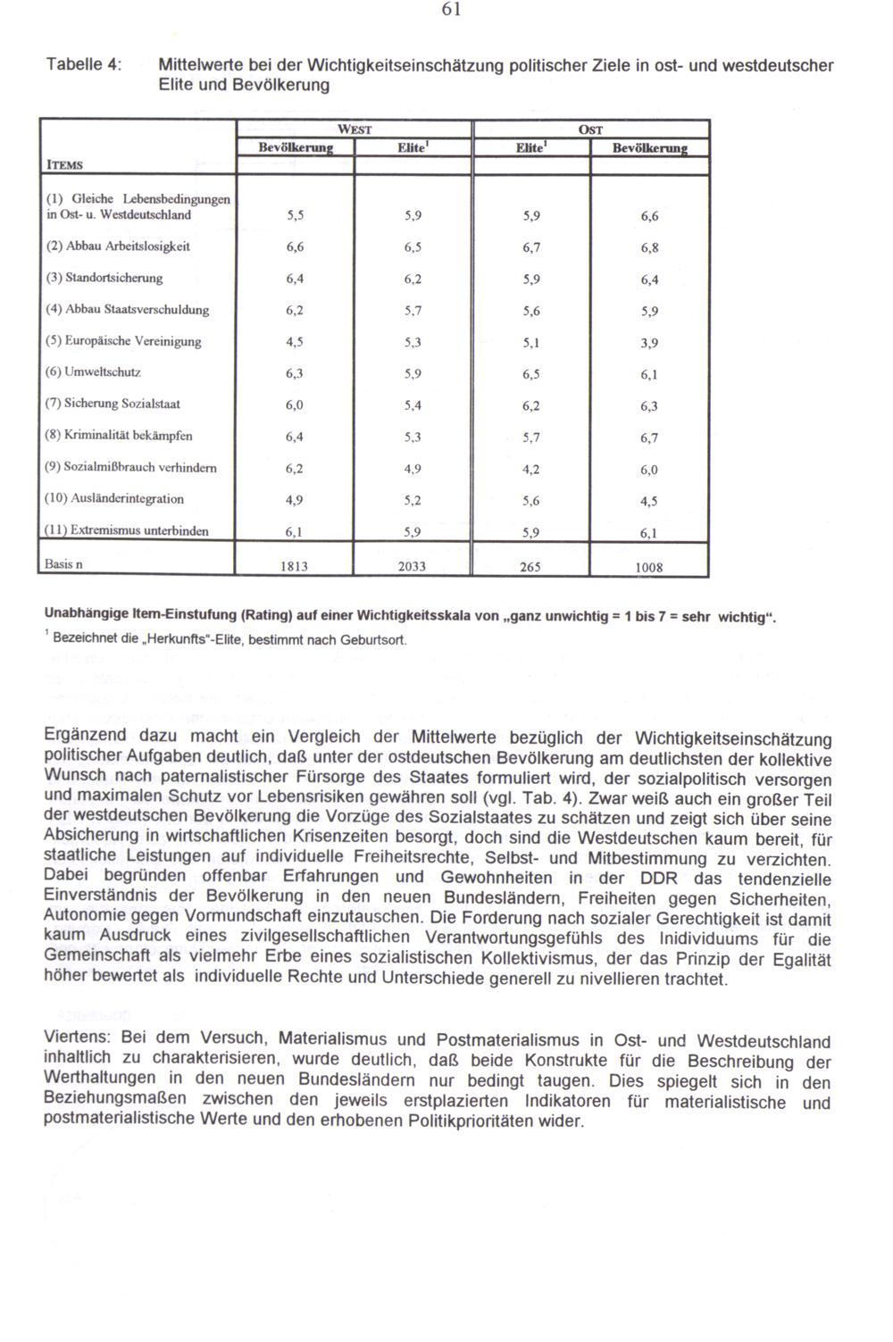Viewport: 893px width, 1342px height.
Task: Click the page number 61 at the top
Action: point(451,10)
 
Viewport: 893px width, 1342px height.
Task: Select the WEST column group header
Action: point(354,129)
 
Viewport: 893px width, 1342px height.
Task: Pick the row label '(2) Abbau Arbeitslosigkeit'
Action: point(118,246)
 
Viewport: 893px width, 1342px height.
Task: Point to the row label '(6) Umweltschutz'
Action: point(93,372)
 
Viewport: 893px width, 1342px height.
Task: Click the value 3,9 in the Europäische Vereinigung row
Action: point(649,343)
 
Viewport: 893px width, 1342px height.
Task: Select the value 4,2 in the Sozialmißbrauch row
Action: point(530,469)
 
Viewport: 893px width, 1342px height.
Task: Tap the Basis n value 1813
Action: point(295,566)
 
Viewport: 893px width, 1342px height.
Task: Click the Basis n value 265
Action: point(530,566)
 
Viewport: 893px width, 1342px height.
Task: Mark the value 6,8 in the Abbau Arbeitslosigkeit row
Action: point(649,248)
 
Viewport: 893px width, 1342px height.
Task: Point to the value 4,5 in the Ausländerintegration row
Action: point(649,501)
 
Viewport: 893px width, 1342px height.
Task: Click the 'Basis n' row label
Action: point(64,563)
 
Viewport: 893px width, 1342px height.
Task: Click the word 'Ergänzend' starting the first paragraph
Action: point(87,738)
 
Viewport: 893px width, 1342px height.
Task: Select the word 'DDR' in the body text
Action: point(659,878)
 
